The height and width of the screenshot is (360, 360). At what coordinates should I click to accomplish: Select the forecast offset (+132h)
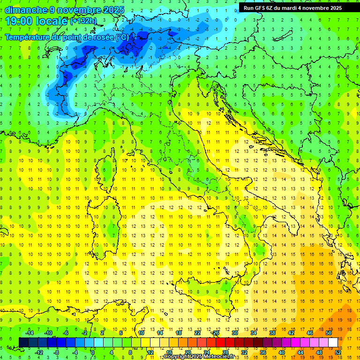83,21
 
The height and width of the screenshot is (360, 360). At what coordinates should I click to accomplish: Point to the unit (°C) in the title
121,37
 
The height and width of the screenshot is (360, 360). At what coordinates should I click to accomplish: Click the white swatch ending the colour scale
333,342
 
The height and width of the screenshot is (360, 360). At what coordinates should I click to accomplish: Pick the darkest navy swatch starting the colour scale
24,342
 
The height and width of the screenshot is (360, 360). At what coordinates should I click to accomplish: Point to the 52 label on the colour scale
337,352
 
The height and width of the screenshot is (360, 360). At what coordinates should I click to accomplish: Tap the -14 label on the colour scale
29,332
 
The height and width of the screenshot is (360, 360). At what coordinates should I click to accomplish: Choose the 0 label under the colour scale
92,352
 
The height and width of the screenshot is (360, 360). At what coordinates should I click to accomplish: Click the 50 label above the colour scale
328,332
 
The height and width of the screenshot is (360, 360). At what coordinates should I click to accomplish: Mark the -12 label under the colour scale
38,352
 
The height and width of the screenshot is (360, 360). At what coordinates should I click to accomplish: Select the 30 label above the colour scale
234,332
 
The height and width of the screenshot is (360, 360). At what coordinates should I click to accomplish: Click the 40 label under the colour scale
281,352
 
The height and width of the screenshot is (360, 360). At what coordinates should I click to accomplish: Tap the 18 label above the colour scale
178,332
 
